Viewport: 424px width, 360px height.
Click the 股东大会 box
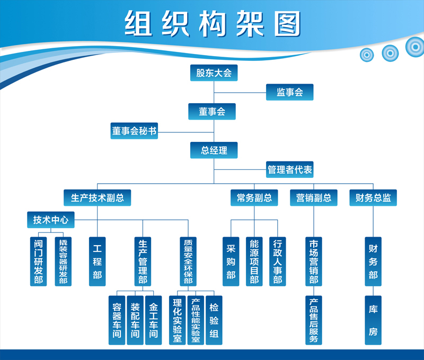(x=214, y=73)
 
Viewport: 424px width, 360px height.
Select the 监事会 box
(x=289, y=92)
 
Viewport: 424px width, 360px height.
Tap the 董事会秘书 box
(x=134, y=131)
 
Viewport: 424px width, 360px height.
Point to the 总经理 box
(x=214, y=150)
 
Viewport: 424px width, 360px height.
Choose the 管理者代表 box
(x=289, y=170)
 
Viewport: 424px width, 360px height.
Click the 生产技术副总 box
(x=98, y=198)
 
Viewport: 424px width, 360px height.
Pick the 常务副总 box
(x=254, y=198)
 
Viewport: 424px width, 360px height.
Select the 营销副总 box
(x=314, y=198)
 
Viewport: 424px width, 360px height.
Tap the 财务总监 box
(x=373, y=198)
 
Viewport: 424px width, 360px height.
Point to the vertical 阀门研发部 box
(x=39, y=261)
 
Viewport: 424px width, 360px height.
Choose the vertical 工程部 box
(x=98, y=261)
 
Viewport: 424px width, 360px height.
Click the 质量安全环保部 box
(x=188, y=261)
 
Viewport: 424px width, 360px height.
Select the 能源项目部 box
(x=254, y=261)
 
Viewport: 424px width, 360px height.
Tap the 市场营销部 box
(x=314, y=261)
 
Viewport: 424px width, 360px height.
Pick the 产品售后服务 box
(x=314, y=320)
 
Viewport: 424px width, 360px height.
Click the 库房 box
(x=373, y=320)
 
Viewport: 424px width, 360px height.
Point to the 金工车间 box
(x=153, y=320)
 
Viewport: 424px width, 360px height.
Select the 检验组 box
(x=214, y=320)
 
